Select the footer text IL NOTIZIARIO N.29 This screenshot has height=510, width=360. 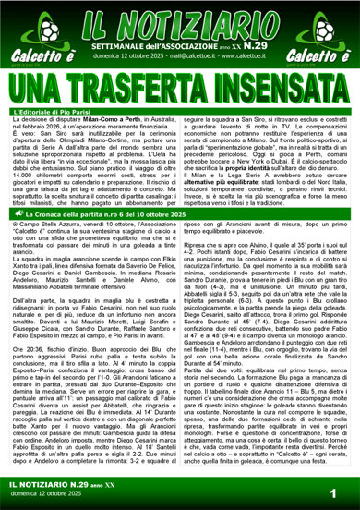tap(55, 486)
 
